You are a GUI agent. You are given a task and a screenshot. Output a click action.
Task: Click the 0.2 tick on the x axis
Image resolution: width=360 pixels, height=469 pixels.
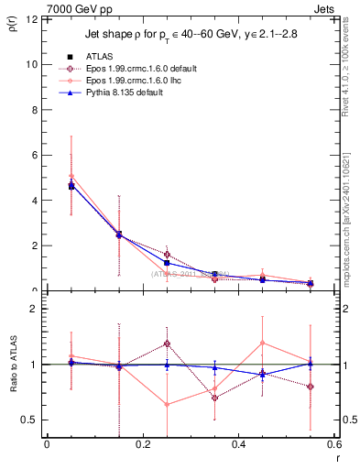pos(142,445)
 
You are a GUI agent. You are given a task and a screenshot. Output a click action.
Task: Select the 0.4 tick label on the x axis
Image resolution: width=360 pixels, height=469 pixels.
pos(238,445)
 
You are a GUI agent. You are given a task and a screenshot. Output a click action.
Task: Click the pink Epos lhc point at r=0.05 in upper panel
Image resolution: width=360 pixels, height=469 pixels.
pos(71,176)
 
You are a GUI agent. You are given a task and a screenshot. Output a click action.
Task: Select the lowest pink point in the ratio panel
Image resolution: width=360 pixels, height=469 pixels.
pos(167,404)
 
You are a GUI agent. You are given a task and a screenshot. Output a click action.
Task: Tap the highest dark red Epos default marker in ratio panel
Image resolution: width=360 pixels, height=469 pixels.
pos(167,344)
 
